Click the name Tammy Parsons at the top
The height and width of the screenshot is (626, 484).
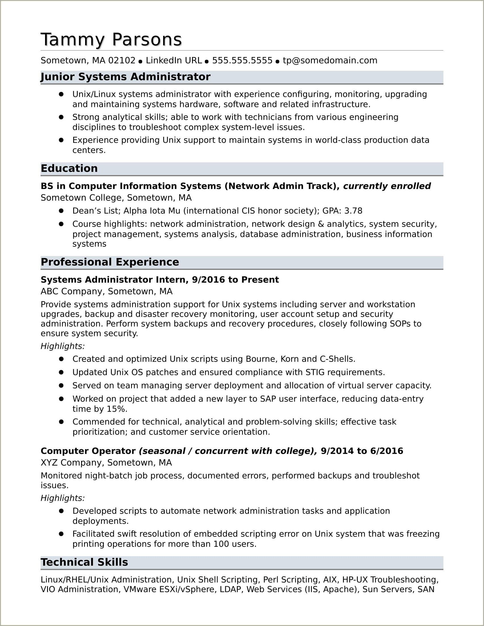[x=111, y=39]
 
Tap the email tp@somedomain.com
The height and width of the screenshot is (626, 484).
[x=330, y=60]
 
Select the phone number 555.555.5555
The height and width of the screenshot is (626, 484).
[x=242, y=60]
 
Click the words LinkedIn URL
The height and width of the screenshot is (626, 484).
[x=174, y=60]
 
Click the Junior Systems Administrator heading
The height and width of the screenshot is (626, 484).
[x=125, y=77]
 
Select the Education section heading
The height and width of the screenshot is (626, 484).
[x=69, y=169]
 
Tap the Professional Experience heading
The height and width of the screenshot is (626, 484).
[x=110, y=262]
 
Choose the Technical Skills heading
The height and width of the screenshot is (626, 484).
[x=84, y=562]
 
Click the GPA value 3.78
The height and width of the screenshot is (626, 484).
[x=353, y=211]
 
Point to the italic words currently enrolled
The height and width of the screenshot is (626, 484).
[x=387, y=186]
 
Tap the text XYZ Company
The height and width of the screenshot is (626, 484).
[x=71, y=463]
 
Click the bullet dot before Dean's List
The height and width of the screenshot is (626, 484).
[x=61, y=211]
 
